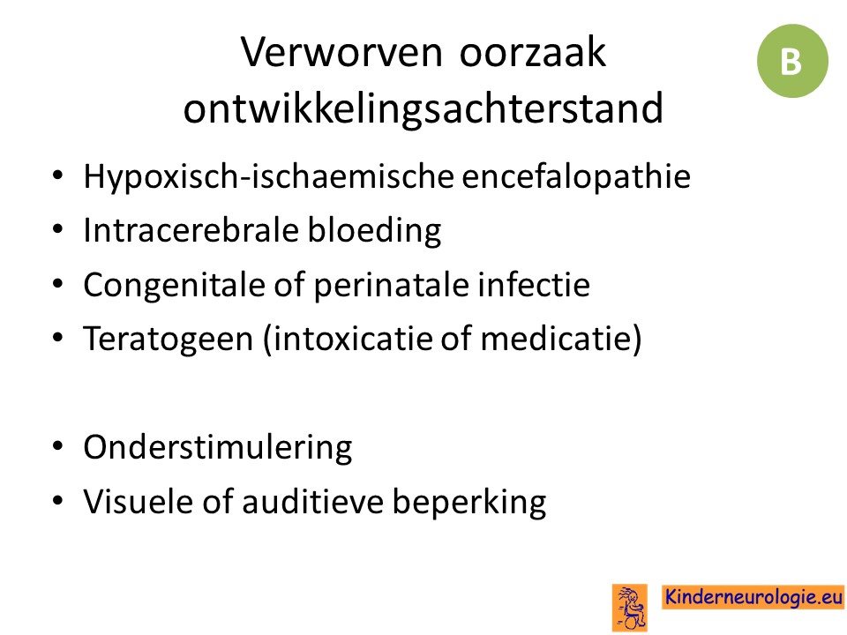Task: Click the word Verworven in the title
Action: [x=341, y=52]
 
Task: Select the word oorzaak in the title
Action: [x=533, y=52]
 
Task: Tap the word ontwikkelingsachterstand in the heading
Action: [x=423, y=108]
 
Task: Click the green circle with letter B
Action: [x=792, y=61]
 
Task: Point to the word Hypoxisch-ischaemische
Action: [x=268, y=177]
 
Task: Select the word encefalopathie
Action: [x=576, y=177]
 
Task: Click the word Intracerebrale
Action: [x=191, y=230]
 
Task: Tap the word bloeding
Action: [x=374, y=231]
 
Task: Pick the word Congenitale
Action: [x=174, y=285]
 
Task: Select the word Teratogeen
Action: [x=168, y=339]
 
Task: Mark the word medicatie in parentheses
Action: [x=555, y=338]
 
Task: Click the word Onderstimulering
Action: [x=218, y=447]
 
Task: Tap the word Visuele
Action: [x=139, y=501]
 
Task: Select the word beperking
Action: [x=468, y=502]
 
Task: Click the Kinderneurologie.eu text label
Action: [x=753, y=597]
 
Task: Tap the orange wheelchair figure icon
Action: [x=629, y=608]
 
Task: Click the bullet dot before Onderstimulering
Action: [x=58, y=446]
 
